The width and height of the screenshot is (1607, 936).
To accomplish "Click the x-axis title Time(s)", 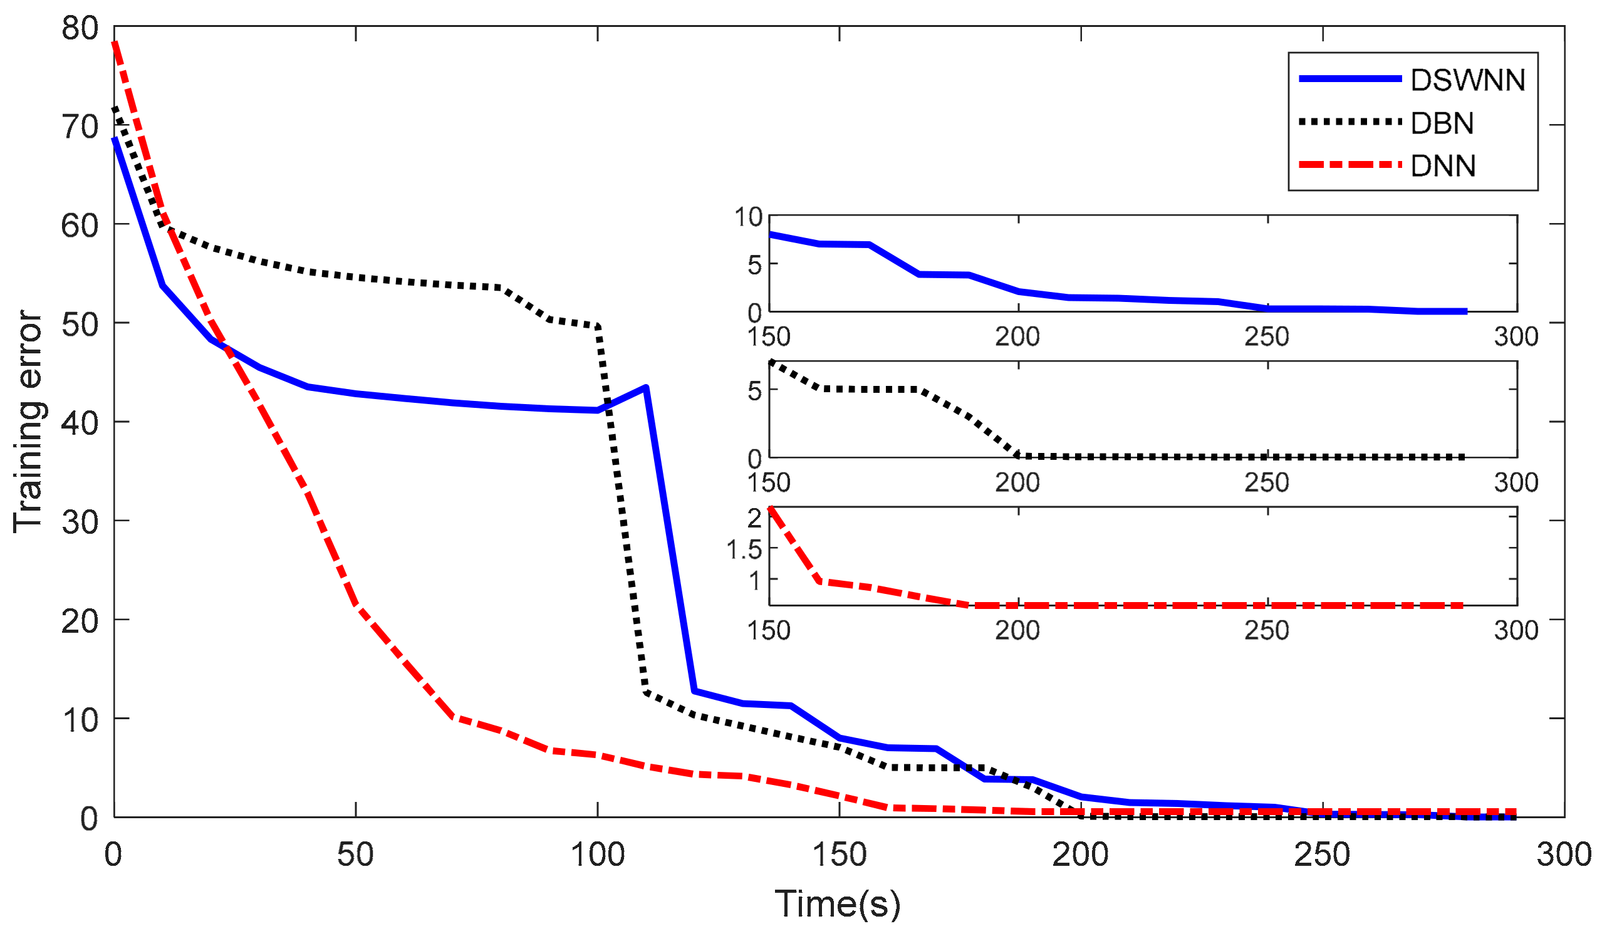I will click(837, 903).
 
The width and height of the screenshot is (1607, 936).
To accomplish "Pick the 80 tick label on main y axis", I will click(80, 28).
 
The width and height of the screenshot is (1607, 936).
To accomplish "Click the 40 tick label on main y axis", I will click(80, 423).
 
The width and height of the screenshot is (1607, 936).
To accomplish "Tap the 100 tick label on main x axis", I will click(597, 855).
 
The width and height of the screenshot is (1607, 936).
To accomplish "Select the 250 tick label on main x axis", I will click(1322, 855).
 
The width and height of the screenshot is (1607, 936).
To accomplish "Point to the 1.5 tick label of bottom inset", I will click(744, 549).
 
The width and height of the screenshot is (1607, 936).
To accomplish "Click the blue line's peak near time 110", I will click(646, 387).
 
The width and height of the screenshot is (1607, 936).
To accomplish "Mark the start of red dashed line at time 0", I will click(115, 43).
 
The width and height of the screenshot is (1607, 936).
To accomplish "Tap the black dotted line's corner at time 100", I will click(598, 326).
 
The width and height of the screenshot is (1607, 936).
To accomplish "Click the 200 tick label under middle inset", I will click(1017, 482).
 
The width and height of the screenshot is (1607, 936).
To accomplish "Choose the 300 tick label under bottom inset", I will click(1516, 631).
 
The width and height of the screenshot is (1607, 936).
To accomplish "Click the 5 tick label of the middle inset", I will click(754, 391).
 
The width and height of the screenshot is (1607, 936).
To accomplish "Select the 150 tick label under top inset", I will click(769, 336).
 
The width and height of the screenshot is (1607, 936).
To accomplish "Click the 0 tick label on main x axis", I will click(113, 855).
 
